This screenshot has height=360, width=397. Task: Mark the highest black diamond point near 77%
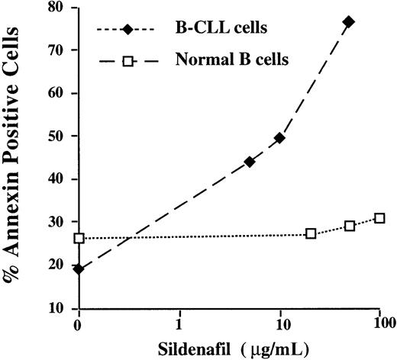pyautogui.click(x=349, y=21)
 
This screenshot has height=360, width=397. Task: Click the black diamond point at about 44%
pyautogui.click(x=250, y=162)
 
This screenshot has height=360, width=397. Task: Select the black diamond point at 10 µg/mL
pyautogui.click(x=279, y=138)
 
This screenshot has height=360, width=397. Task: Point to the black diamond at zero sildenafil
pyautogui.click(x=79, y=268)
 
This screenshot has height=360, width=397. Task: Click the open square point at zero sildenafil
pyautogui.click(x=79, y=238)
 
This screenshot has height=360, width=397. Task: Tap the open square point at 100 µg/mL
pyautogui.click(x=379, y=218)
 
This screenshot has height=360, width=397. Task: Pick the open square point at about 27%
pyautogui.click(x=311, y=233)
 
